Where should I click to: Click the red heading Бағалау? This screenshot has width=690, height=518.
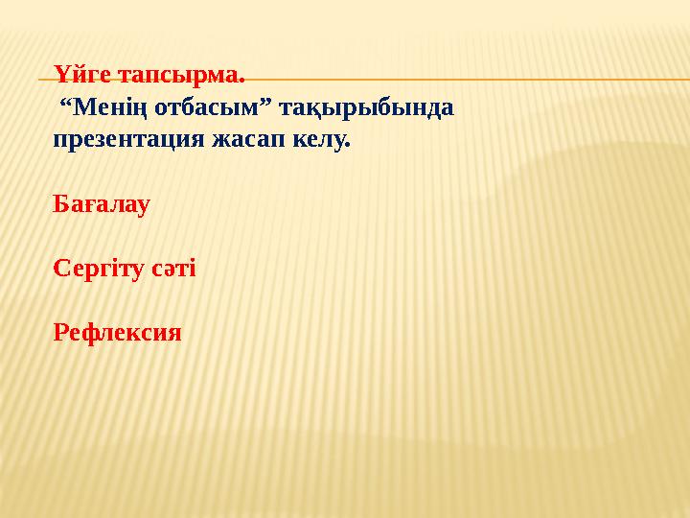pyautogui.click(x=102, y=205)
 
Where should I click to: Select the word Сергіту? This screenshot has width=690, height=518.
pyautogui.click(x=99, y=270)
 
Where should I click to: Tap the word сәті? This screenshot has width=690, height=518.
pyautogui.click(x=173, y=269)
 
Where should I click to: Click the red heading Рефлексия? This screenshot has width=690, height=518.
pyautogui.click(x=117, y=333)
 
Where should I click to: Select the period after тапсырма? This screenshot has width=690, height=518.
pyautogui.click(x=241, y=80)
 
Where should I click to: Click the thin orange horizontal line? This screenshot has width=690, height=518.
pyautogui.click(x=479, y=80)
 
